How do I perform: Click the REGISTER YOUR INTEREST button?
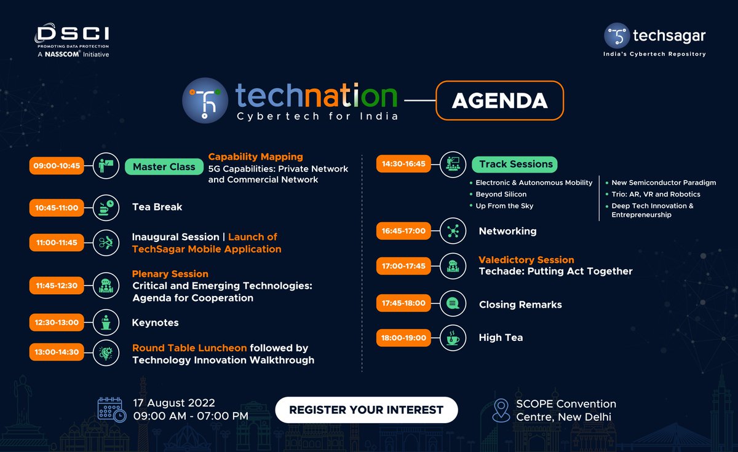click(x=367, y=410)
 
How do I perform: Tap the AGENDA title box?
click(x=499, y=100)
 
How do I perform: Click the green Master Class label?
click(x=164, y=166)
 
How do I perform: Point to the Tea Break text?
click(x=157, y=207)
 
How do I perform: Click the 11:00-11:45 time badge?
click(x=56, y=243)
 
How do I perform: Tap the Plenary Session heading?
click(x=170, y=274)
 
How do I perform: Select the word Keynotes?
click(x=156, y=322)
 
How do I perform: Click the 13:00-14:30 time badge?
click(x=56, y=352)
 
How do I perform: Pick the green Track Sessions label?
click(x=515, y=164)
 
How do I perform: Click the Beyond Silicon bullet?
click(x=501, y=194)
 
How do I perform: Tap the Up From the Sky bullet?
click(x=504, y=206)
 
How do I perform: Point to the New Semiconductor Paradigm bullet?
click(x=656, y=182)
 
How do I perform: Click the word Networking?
click(x=507, y=231)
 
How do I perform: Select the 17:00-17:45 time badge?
click(x=403, y=266)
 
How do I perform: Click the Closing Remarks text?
click(x=520, y=305)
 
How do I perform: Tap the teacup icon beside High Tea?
click(x=453, y=338)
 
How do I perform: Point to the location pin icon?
click(x=502, y=410)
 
